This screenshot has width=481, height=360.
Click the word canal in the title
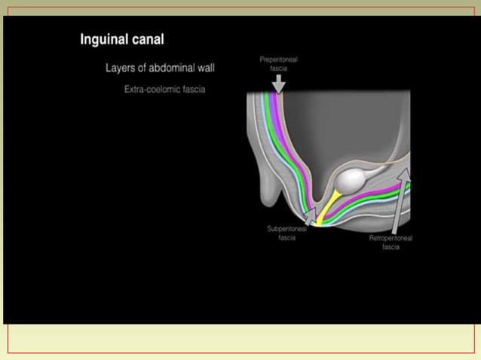pyautogui.click(x=146, y=39)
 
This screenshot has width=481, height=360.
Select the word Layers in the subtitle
pyautogui.click(x=121, y=68)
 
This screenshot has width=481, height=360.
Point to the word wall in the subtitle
pyautogui.click(x=206, y=68)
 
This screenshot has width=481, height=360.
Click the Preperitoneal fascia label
pyautogui.click(x=278, y=63)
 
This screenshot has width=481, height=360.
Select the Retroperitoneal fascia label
pyautogui.click(x=391, y=242)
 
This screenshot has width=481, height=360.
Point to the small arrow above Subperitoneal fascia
pyautogui.click(x=309, y=218)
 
